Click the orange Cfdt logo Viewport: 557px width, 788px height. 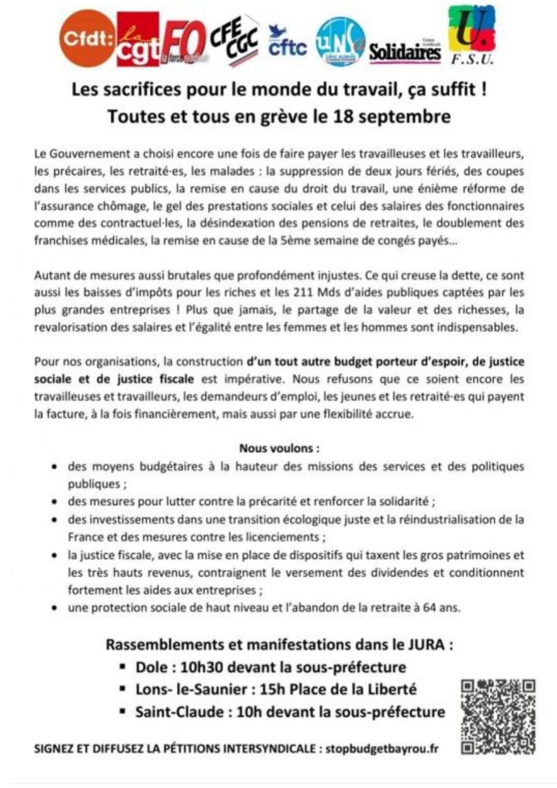[x=87, y=39]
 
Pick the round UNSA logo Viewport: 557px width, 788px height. [x=340, y=41]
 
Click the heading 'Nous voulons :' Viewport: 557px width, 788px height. [x=278, y=448]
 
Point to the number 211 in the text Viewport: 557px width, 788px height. [x=304, y=293]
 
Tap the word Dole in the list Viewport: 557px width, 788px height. [x=151, y=667]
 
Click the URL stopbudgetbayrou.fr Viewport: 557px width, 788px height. [x=382, y=749]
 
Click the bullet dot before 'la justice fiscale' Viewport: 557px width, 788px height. [x=55, y=555]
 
